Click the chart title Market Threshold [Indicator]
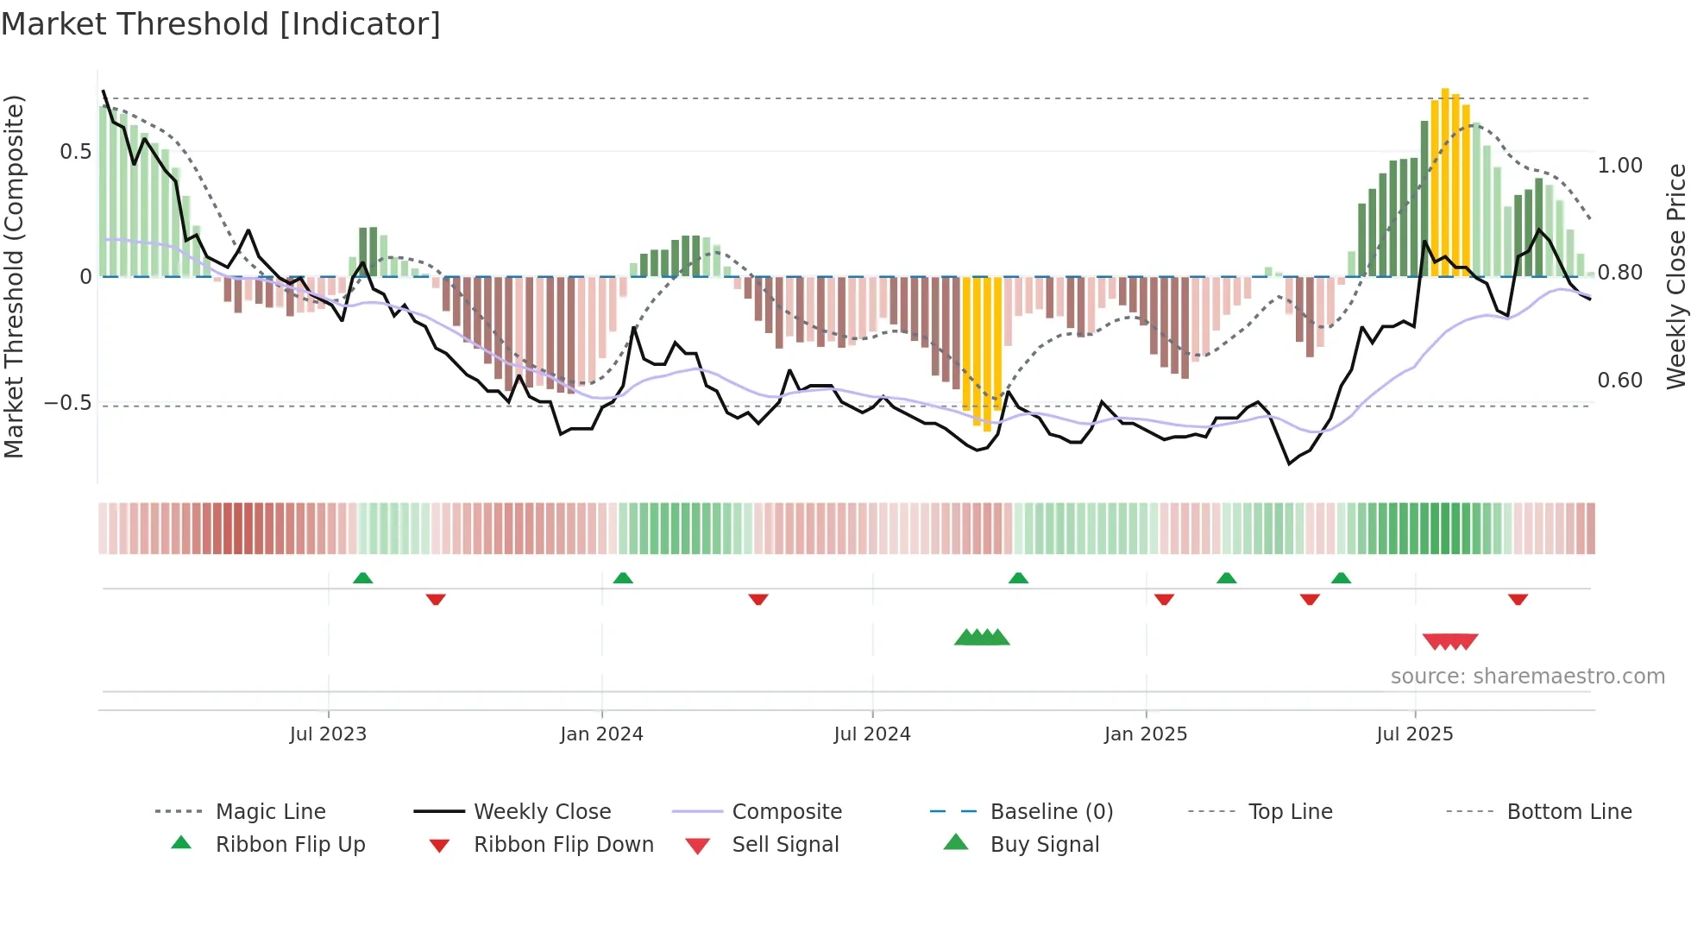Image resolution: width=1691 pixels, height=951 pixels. pos(221,24)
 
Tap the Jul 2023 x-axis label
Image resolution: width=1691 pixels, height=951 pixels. pos(328,734)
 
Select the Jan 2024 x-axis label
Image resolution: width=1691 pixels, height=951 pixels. pos(601,734)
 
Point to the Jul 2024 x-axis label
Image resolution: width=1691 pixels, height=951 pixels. pos(871,734)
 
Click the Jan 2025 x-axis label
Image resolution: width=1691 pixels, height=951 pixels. pos(1145,734)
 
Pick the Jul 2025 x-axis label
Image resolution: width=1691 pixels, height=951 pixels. pos(1414,734)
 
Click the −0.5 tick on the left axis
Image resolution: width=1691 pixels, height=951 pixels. pos(67,403)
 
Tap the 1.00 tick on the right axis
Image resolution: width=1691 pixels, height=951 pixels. pos(1619,166)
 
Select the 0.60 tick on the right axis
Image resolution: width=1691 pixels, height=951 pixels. pos(1619,381)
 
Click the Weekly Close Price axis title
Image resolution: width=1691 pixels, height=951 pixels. pos(1675,276)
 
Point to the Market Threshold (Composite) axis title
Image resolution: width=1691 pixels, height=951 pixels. pos(14,276)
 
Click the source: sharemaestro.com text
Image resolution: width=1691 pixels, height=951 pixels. pos(1527,677)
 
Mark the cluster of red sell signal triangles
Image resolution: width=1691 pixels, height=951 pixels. pos(1450,641)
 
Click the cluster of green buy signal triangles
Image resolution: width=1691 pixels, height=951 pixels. pos(982,638)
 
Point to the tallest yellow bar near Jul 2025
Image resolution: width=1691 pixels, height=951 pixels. pos(1445,181)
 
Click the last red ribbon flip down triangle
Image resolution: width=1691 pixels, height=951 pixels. pos(1518,599)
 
